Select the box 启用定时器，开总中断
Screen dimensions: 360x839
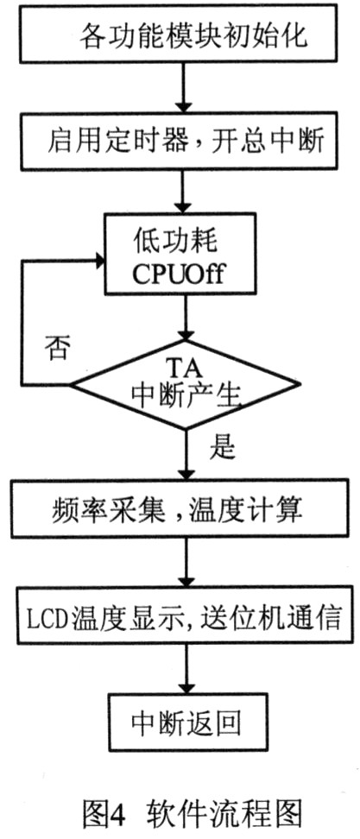pos(185,141)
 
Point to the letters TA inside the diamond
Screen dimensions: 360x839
pos(185,368)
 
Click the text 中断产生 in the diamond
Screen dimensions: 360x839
pos(185,398)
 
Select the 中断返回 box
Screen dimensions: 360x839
pos(185,722)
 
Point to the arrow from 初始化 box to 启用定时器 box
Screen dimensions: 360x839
pos(185,88)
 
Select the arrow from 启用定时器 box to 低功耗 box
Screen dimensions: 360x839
pos(185,192)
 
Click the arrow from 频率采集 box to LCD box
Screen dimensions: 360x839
pos(186,563)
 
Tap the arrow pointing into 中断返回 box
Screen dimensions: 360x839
pos(186,670)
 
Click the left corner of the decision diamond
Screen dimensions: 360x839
pos(71,385)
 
